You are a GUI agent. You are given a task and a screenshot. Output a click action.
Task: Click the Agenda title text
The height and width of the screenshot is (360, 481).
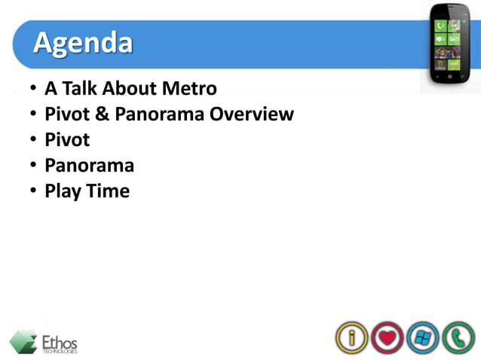pyautogui.click(x=82, y=43)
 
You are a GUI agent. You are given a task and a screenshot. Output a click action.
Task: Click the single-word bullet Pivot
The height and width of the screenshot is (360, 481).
pyautogui.click(x=67, y=140)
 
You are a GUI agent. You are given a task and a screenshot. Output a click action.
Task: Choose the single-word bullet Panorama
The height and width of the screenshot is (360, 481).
pyautogui.click(x=89, y=166)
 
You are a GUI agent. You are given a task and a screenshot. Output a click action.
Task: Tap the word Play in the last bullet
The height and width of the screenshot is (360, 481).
pyautogui.click(x=63, y=191)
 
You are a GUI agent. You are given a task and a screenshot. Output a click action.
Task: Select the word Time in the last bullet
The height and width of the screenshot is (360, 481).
pyautogui.click(x=107, y=191)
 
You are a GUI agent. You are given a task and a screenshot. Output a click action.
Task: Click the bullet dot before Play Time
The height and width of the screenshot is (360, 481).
pyautogui.click(x=33, y=191)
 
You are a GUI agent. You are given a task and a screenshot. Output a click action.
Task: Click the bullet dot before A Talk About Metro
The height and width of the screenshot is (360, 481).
pyautogui.click(x=33, y=89)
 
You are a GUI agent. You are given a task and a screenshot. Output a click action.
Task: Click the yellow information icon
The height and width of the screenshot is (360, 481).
pyautogui.click(x=351, y=337)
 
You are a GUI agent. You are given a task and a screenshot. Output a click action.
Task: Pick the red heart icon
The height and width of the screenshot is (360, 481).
pyautogui.click(x=387, y=337)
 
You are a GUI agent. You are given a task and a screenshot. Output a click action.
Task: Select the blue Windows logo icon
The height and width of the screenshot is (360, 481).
pyautogui.click(x=422, y=337)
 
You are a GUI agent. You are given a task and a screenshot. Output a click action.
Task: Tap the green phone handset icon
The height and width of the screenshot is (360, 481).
pyautogui.click(x=458, y=337)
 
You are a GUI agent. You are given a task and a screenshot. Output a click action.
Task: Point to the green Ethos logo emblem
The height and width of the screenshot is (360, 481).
pyautogui.click(x=24, y=341)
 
